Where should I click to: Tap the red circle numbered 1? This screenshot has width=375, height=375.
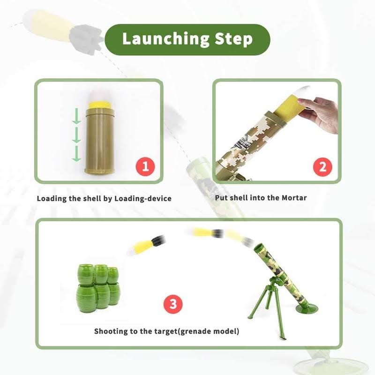145,166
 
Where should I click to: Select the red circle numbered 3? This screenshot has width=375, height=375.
172,305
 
